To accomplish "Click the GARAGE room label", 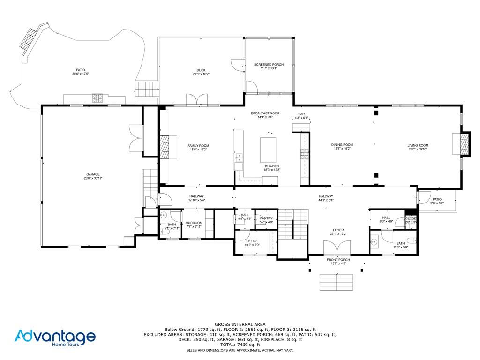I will [x=93, y=174].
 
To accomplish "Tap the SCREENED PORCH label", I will [x=266, y=64].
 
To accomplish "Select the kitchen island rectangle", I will [x=268, y=150].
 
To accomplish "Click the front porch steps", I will [x=336, y=282].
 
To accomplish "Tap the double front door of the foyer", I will [x=337, y=247].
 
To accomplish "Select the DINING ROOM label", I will [x=342, y=145].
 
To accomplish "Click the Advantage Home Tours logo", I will [x=55, y=338].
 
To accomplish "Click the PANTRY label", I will [x=266, y=218].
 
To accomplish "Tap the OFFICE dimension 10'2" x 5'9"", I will [x=252, y=245].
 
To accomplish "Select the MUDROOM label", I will [x=194, y=223].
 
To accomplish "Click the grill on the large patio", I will [x=98, y=98].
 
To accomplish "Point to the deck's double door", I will [x=197, y=100].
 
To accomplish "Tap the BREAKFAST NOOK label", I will [x=265, y=113].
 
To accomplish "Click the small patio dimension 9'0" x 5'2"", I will [x=437, y=203].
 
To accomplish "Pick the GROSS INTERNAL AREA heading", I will [x=240, y=324].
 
